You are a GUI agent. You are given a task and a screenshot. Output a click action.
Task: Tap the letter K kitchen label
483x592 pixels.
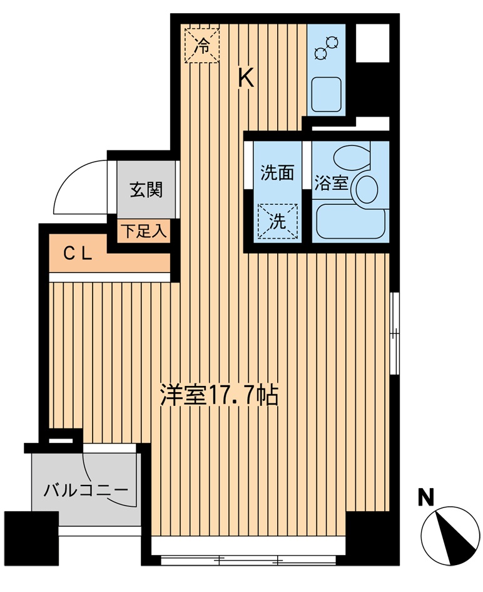(x=246, y=78)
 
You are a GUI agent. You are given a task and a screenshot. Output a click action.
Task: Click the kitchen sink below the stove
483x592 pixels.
(x=326, y=93)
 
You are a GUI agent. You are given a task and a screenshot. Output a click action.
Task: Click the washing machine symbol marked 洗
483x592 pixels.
(x=277, y=221)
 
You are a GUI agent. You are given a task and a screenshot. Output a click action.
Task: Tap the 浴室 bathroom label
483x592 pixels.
(x=331, y=183)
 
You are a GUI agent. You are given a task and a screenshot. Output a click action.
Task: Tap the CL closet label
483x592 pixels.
(x=79, y=254)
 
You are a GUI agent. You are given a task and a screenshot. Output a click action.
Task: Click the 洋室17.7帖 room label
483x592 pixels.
(x=218, y=396)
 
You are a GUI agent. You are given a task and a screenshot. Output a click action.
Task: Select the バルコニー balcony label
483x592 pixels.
(x=85, y=490)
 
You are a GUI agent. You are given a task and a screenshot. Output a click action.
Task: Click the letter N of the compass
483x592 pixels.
(x=426, y=498)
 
